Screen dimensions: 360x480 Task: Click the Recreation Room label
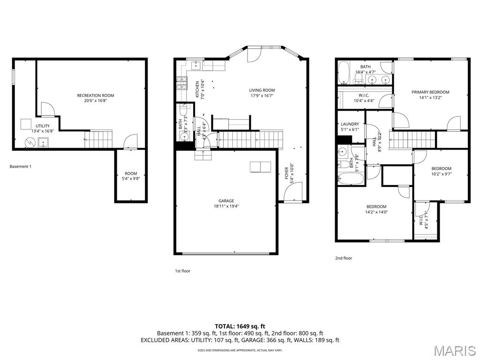click(x=95, y=98)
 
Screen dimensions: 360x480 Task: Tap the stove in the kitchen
click(x=181, y=84)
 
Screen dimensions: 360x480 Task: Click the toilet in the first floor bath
click(x=183, y=112)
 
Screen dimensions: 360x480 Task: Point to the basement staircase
click(x=98, y=139)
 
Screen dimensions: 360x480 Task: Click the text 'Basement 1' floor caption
click(x=21, y=166)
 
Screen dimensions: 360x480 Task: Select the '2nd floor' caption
click(x=343, y=258)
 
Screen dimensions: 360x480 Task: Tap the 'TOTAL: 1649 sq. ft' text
click(x=240, y=326)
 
